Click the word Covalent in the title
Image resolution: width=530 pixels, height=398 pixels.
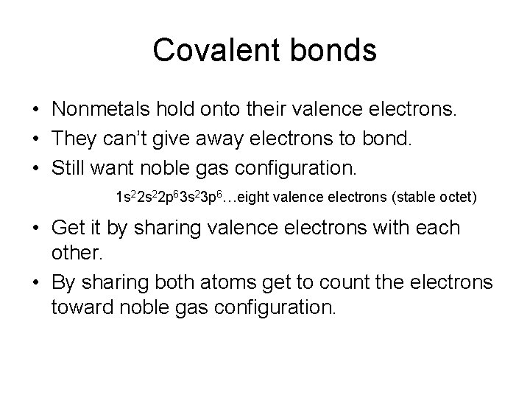208,50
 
